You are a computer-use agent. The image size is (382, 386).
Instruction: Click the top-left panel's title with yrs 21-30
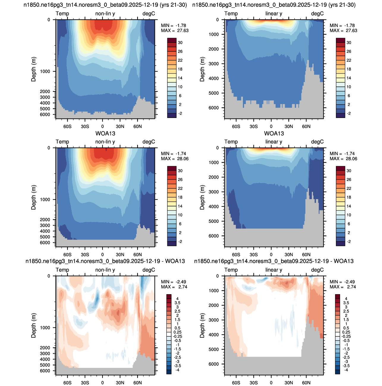[x=105, y=5]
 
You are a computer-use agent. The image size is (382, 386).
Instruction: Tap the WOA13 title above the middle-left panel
[x=105, y=133]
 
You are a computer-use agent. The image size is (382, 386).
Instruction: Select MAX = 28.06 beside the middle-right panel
[x=343, y=159]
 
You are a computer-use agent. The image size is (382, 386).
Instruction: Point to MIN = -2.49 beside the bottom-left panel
[x=174, y=282]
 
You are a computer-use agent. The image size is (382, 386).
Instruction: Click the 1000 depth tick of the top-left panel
[x=45, y=71]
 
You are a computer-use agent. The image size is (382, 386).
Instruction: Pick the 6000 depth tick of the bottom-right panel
[x=214, y=364]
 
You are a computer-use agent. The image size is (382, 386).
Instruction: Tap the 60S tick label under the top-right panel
[x=236, y=126]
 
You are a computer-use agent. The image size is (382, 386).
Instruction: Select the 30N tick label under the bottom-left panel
[x=120, y=383]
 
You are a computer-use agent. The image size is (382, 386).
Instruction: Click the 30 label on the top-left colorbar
[x=180, y=42]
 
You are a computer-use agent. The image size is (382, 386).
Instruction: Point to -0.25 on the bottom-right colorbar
[x=346, y=336]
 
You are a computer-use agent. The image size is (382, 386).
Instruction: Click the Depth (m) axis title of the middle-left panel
[x=33, y=197]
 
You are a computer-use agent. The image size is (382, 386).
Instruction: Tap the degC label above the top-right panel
[x=317, y=13]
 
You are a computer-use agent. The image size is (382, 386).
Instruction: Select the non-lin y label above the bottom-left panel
[x=105, y=270]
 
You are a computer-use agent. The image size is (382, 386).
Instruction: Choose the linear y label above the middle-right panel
[x=273, y=142]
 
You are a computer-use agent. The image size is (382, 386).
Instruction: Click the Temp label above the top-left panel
[x=62, y=13]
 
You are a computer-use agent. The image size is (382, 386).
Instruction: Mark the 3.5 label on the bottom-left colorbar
[x=177, y=303]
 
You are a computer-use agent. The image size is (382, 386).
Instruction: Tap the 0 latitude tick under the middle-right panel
[x=271, y=255]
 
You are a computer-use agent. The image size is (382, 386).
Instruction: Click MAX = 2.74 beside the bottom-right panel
[x=343, y=287]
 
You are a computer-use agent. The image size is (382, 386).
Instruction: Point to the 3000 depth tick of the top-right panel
[x=214, y=64]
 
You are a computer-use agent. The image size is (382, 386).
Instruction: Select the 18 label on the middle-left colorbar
[x=180, y=197]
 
